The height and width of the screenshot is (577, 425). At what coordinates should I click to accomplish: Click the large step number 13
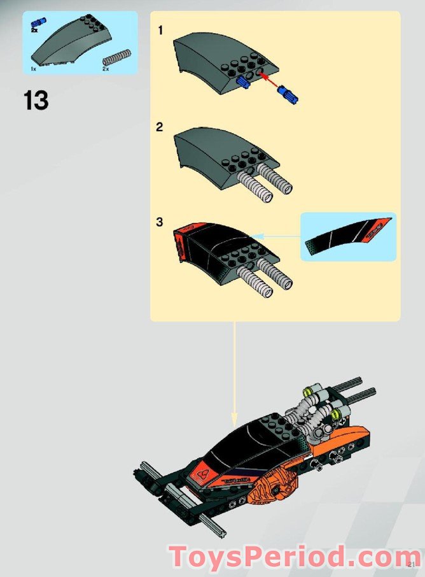click(36, 101)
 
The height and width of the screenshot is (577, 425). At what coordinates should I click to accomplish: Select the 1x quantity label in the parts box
click(33, 68)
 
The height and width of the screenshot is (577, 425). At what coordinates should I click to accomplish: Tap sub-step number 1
click(161, 30)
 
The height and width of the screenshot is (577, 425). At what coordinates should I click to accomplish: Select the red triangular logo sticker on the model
click(202, 474)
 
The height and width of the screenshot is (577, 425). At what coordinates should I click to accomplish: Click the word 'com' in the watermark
click(386, 558)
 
